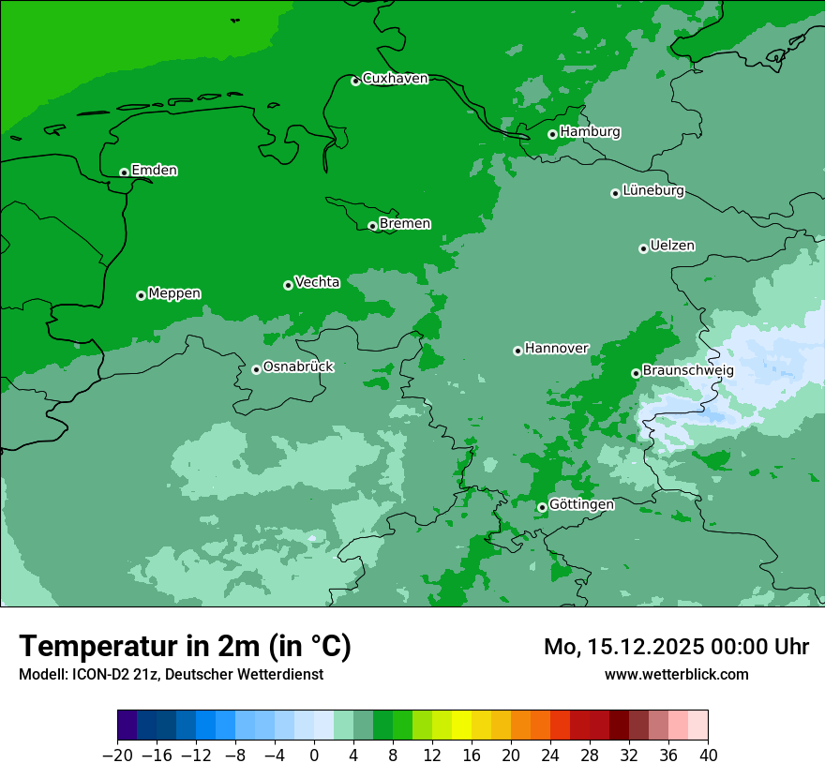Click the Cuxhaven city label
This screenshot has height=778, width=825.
pyautogui.click(x=395, y=79)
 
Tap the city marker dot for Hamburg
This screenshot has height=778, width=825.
pyautogui.click(x=553, y=135)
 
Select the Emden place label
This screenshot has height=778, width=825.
pyautogui.click(x=154, y=171)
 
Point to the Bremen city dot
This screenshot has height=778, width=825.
pyautogui.click(x=372, y=226)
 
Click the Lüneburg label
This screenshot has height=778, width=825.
pyautogui.click(x=652, y=191)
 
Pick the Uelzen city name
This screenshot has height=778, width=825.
pyautogui.click(x=672, y=247)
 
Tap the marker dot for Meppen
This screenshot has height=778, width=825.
pyautogui.click(x=141, y=295)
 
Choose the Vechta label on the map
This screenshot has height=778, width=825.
pyautogui.click(x=317, y=282)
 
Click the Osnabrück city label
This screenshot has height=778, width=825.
pyautogui.click(x=298, y=367)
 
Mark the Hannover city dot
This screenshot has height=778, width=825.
pyautogui.click(x=517, y=351)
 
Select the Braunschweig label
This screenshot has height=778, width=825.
pyautogui.click(x=688, y=371)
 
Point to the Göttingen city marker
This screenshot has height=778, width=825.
pyautogui.click(x=542, y=507)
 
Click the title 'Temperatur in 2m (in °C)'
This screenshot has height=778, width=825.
pyautogui.click(x=185, y=647)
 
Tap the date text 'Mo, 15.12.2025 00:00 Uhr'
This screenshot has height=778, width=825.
pyautogui.click(x=676, y=647)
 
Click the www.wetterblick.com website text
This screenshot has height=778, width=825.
pyautogui.click(x=676, y=674)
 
